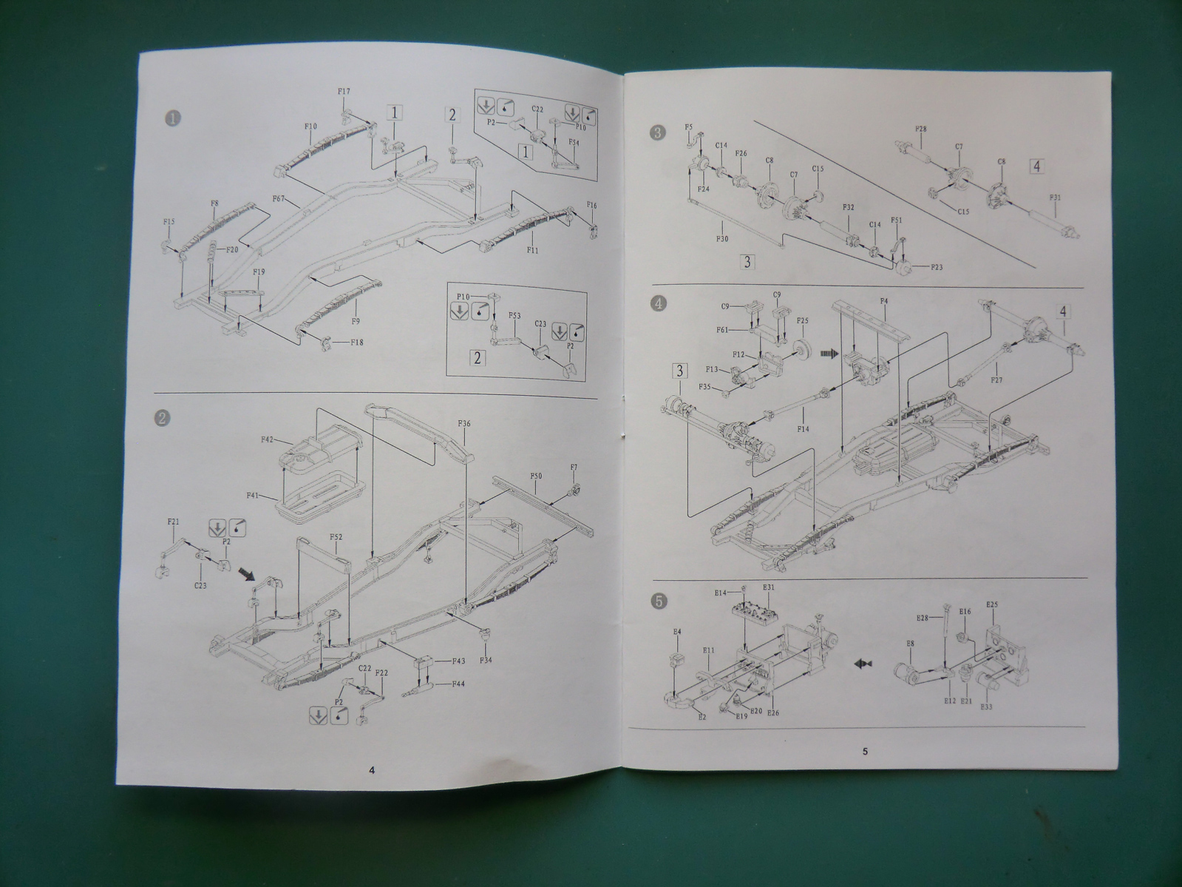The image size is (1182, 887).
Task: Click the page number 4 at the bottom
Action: (x=372, y=769)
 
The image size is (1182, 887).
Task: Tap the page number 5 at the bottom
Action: (x=864, y=752)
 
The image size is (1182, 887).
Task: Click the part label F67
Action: (x=280, y=199)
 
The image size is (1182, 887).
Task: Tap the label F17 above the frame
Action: (x=344, y=92)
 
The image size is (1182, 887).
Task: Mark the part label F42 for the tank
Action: (x=268, y=440)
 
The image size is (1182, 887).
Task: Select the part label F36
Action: (x=464, y=424)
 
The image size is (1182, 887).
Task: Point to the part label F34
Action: (x=486, y=660)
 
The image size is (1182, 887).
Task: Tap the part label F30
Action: (x=722, y=238)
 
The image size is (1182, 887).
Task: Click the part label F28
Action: (x=921, y=129)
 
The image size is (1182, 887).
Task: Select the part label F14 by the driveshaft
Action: (x=803, y=428)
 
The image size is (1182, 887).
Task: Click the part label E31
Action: (x=769, y=588)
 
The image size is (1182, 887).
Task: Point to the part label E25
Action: (x=992, y=604)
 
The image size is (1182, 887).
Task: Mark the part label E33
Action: (x=985, y=707)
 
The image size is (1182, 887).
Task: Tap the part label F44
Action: (x=458, y=684)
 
